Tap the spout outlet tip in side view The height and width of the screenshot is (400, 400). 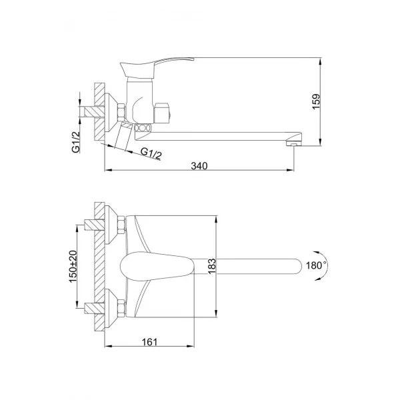(291, 143)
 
